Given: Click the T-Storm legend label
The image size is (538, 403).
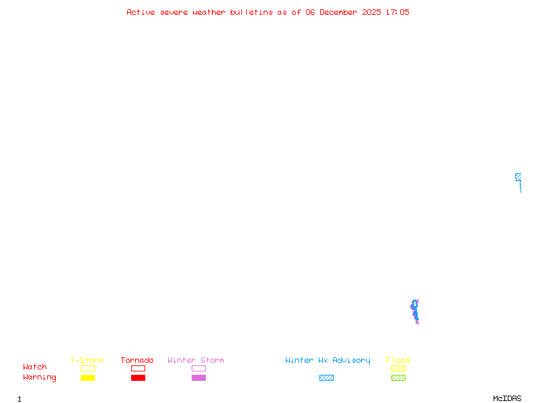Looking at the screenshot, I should pos(87,360).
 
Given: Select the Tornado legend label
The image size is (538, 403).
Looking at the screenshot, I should pos(137,360).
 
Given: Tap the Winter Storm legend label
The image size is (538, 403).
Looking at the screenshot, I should pos(196,360).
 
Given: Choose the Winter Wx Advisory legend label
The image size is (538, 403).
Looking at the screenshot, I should pos(328,360).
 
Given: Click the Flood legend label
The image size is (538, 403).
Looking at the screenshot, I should pos(398,360).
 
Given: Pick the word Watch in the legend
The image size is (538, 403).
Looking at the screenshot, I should pos(35,367).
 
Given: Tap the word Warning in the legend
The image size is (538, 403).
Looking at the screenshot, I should pos(40,377).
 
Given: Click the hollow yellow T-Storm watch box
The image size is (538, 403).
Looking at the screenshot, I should pos(87,368).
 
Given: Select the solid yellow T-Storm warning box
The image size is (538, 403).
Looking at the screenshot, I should pos(87,377).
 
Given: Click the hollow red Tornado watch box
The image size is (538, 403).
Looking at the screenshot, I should pos(138,368).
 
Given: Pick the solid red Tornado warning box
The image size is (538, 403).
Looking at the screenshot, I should pos(138,377).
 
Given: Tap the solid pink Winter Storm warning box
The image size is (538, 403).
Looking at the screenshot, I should pos(198,377).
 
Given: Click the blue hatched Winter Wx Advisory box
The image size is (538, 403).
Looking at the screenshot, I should pos(326,377).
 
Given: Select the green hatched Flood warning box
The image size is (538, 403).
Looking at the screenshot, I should pos(398,377).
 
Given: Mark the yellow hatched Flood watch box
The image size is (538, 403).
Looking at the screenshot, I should pos(398,368).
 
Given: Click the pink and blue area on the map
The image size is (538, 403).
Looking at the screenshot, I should pos(415,312).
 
